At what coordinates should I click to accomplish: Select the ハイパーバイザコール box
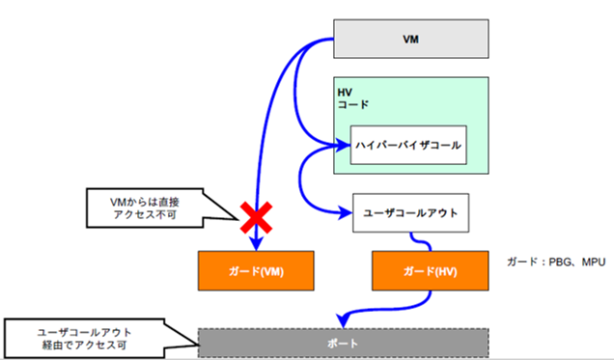(x=408, y=147)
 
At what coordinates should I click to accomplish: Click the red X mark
(x=254, y=218)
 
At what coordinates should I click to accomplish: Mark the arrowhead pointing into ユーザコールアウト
(x=349, y=211)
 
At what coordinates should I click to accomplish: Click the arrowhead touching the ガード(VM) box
(x=254, y=246)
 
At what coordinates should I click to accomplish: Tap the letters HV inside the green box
(x=345, y=91)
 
